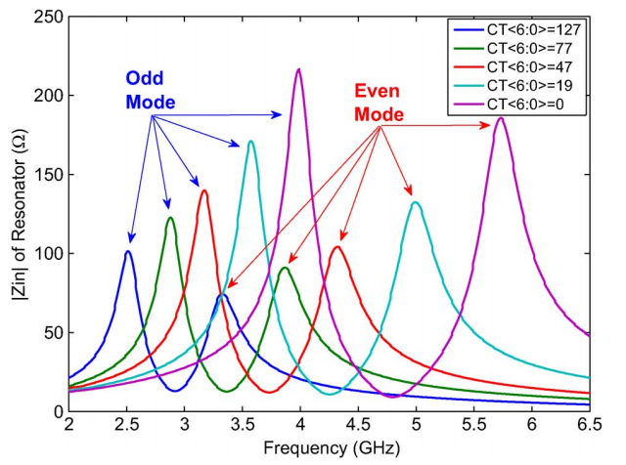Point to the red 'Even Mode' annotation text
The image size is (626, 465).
pyautogui.click(x=379, y=104)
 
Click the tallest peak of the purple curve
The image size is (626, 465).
pyautogui.click(x=298, y=69)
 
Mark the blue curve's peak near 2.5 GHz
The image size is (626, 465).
pyautogui.click(x=128, y=252)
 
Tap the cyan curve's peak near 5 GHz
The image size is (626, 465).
pyautogui.click(x=416, y=202)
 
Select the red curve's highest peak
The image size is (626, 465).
pyautogui.click(x=204, y=190)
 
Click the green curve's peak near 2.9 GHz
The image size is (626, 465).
pyautogui.click(x=170, y=217)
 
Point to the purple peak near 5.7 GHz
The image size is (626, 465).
pyautogui.click(x=501, y=118)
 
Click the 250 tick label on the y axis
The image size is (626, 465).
pyautogui.click(x=47, y=18)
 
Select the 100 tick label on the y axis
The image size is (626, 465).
pyautogui.click(x=47, y=254)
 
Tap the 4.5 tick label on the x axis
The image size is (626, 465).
pyautogui.click(x=358, y=428)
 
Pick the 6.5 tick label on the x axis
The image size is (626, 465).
pyautogui.click(x=590, y=428)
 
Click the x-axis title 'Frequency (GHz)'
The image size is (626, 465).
pyautogui.click(x=329, y=450)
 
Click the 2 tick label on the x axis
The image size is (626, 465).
pyautogui.click(x=68, y=428)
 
